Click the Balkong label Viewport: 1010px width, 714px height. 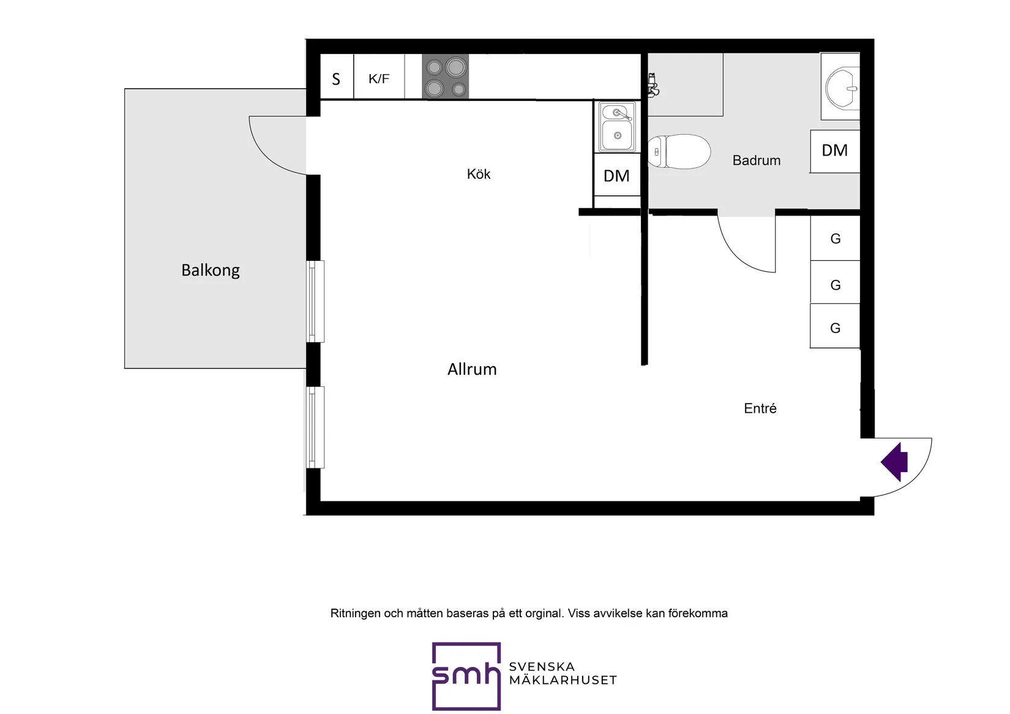(210, 270)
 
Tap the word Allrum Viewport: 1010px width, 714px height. (471, 369)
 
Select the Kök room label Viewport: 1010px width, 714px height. (479, 174)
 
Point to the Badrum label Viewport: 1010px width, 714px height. (756, 160)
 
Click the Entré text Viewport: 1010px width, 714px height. (760, 408)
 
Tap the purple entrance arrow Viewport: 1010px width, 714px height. (894, 462)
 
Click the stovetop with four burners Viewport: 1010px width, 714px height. (445, 76)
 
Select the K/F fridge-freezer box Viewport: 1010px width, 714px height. (379, 76)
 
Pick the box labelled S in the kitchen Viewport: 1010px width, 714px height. (337, 76)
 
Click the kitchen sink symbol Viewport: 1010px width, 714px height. (617, 127)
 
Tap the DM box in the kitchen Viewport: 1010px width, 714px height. (617, 175)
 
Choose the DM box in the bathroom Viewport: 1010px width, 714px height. (834, 151)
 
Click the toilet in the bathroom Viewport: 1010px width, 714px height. (679, 151)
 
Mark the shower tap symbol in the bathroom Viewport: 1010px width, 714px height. (653, 85)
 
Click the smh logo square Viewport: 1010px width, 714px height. (466, 676)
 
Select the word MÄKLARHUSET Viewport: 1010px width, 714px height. (563, 680)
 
